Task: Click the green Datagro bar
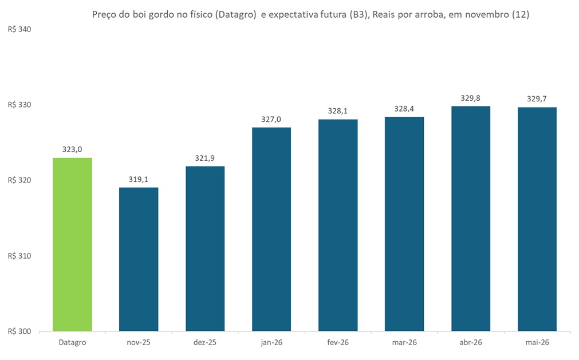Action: click(72, 244)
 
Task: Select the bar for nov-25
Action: click(139, 259)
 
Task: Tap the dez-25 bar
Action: click(205, 248)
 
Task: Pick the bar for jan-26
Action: click(271, 229)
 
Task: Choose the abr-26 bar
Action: click(471, 219)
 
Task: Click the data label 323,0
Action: click(72, 149)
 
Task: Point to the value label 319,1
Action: click(139, 179)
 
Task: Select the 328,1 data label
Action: click(338, 111)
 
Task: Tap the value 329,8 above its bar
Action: click(471, 98)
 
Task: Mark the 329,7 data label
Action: click(537, 98)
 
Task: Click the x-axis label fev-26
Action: click(338, 342)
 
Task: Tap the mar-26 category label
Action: click(404, 342)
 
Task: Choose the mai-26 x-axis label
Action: click(537, 342)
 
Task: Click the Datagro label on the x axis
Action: click(72, 342)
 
